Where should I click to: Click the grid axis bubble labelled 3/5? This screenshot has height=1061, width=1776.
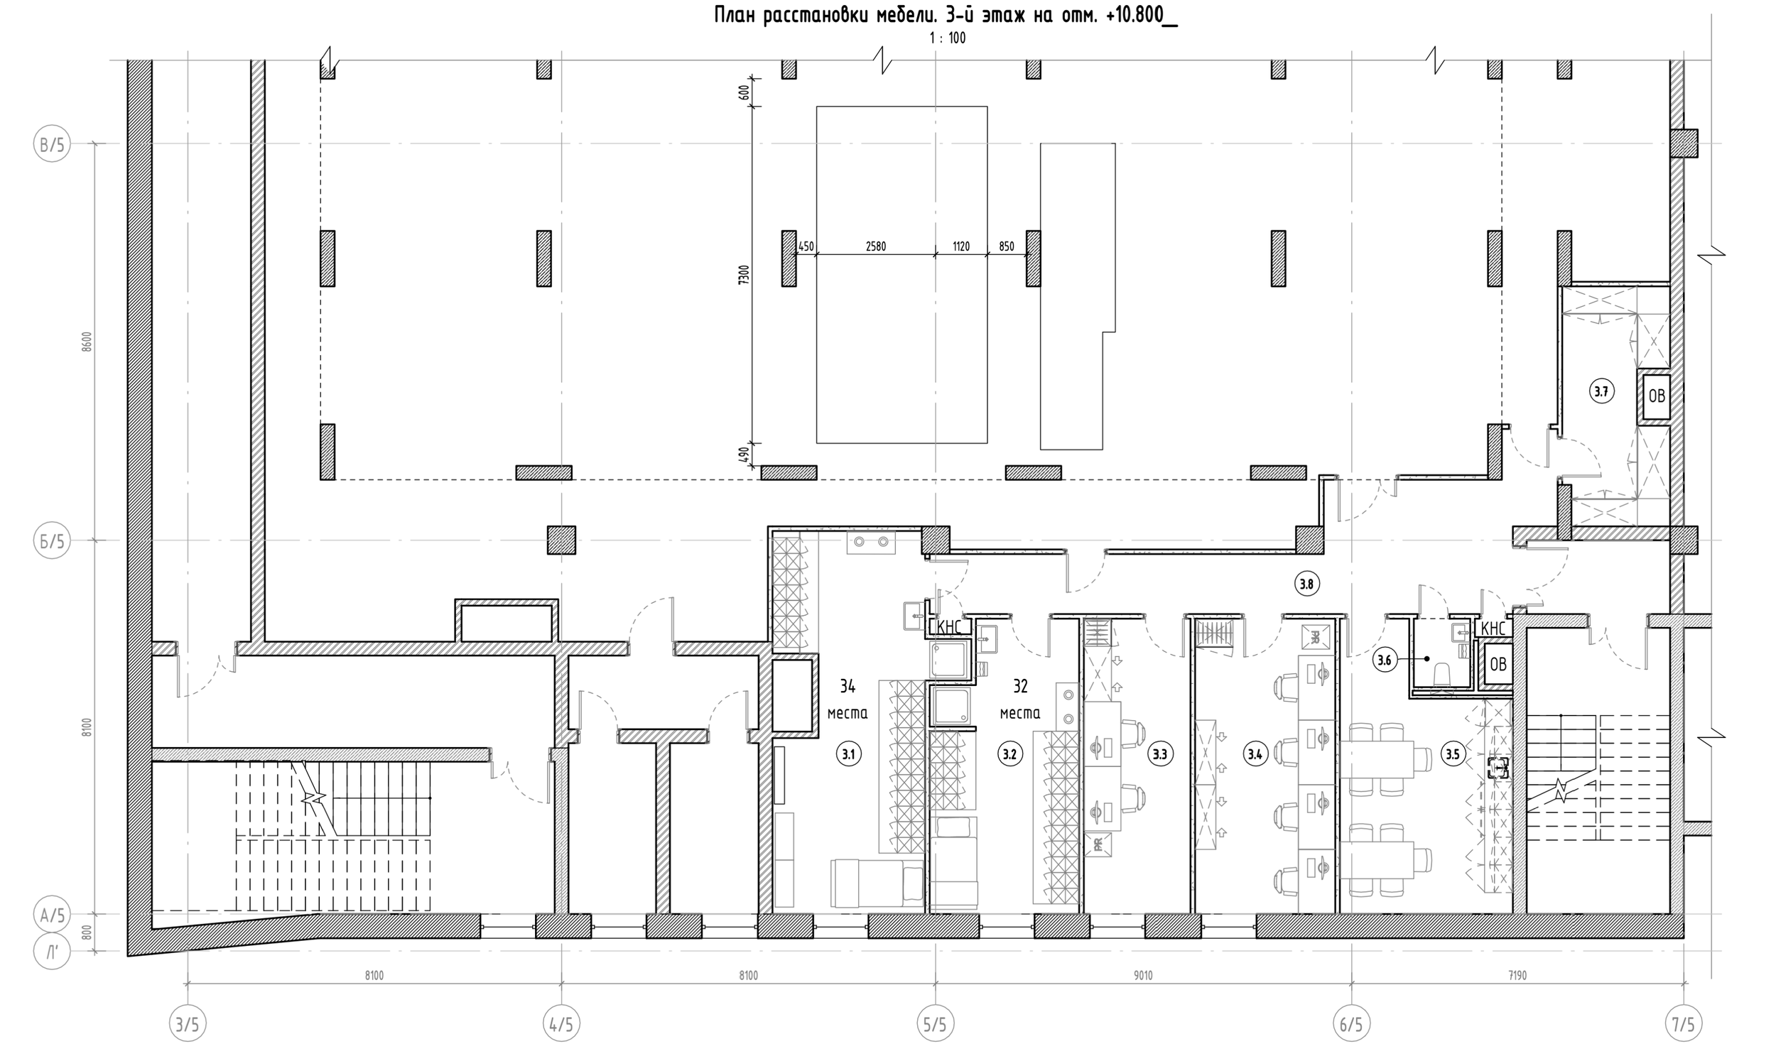coord(188,1025)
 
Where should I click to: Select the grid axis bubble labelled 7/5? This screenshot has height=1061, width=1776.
coord(1683,1025)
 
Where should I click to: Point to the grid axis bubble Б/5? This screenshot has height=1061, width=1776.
coord(52,541)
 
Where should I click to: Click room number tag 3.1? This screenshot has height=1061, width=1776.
coord(849,753)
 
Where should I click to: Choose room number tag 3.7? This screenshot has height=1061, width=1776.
coord(1601,391)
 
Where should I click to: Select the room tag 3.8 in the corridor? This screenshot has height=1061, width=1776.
coord(1306,584)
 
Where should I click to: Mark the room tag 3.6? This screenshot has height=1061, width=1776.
coord(1384,660)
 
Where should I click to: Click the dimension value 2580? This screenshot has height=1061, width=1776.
coord(876,246)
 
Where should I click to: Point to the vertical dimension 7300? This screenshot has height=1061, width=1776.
coord(744,275)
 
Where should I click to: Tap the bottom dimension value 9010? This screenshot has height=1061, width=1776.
coord(1142,975)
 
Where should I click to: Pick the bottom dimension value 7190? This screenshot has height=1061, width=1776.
coord(1517,975)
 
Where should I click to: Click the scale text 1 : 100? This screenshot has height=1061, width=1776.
coord(948,38)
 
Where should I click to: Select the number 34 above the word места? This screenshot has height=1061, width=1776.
coord(848,686)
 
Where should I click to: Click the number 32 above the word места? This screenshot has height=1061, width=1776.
coord(1020,686)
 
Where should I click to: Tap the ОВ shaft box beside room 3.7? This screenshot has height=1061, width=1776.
coord(1656,397)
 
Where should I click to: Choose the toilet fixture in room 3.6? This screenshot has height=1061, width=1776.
coord(1442,673)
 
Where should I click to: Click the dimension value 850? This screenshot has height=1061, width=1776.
coord(1006,246)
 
